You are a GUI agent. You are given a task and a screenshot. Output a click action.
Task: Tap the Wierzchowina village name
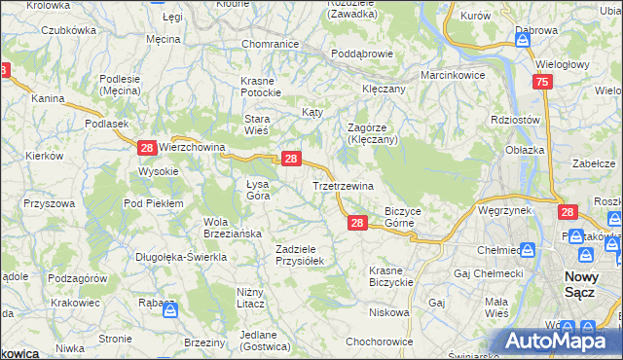coord(192,148)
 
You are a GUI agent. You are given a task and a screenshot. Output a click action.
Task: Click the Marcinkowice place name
coord(452,75)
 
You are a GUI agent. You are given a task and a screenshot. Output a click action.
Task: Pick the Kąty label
coord(312,113)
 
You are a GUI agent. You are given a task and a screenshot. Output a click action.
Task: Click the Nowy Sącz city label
coord(588,283)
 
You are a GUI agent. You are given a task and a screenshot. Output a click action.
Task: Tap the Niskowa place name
coord(388,312)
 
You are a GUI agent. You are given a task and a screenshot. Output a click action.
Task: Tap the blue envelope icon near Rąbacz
coord(169,310)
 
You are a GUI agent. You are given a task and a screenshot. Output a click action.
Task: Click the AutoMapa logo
coord(560,342)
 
